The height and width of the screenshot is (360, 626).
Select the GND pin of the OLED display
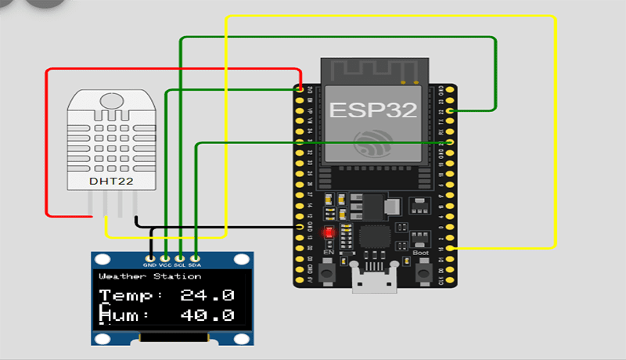149,257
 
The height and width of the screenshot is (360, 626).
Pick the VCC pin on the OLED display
165,257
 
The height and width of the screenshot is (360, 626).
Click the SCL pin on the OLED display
180,257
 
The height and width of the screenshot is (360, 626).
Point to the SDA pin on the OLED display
195,257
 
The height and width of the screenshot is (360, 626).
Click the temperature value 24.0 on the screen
207,296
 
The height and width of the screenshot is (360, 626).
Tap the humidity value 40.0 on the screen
207,315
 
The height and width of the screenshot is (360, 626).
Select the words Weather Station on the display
149,276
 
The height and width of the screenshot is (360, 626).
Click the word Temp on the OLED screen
130,296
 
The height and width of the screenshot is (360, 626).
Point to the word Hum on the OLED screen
125,315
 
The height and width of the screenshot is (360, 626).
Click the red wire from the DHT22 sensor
47,141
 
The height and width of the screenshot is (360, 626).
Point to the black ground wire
219,227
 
